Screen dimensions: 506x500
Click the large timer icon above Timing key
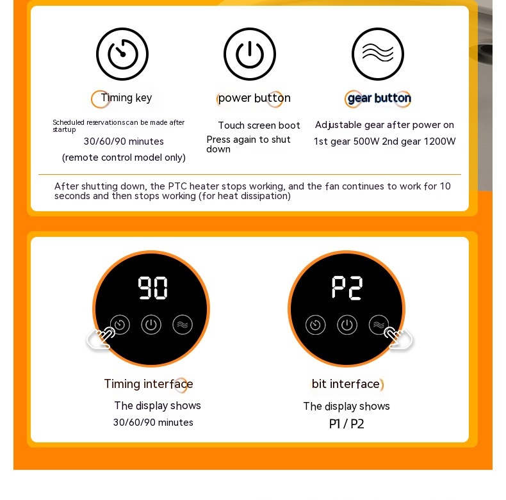pos(122,54)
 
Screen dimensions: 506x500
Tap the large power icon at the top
pos(250,54)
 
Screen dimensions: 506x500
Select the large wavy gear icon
pos(377,54)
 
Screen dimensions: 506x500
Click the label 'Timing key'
pos(126,98)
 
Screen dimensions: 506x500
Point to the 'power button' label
pos(254,98)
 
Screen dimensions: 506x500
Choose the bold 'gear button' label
pos(379,98)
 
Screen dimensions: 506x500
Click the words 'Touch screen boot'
pos(259,125)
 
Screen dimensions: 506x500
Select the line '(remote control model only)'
pos(124,157)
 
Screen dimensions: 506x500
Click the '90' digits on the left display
pos(152,287)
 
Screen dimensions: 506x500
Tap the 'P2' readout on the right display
pos(347,287)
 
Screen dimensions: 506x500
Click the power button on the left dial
pos(151,325)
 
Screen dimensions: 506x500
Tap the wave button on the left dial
pos(183,325)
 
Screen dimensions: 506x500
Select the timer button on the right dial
pos(316,325)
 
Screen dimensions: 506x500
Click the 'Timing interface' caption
pos(149,384)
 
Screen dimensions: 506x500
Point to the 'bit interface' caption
pos(346,384)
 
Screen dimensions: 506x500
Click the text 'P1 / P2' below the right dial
pos(347,424)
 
